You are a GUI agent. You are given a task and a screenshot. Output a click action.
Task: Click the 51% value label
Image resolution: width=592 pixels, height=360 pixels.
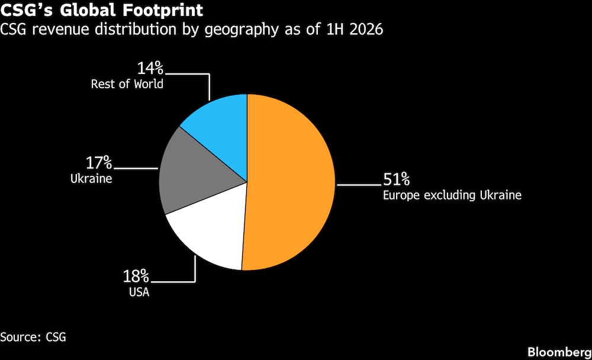tap(397, 179)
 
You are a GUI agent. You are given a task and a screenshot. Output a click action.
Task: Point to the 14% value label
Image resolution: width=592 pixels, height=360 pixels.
tap(150, 68)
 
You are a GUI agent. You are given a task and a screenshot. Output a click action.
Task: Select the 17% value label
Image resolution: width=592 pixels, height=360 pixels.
tap(99, 163)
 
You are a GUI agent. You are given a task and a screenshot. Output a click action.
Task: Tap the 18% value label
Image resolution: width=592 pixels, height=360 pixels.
tap(136, 277)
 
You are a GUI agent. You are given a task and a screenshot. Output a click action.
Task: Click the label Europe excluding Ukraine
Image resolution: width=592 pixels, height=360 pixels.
tap(452, 195)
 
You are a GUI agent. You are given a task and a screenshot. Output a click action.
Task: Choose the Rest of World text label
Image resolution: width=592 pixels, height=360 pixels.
tap(127, 84)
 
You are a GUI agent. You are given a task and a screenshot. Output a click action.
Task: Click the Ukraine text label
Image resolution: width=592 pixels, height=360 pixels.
tap(91, 179)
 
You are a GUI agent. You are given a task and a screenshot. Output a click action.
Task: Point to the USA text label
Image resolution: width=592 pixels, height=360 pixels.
tap(139, 292)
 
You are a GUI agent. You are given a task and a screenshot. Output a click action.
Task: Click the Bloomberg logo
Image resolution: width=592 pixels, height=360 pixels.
tap(559, 352)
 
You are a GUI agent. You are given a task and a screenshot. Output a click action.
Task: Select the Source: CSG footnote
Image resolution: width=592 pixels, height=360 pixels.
tap(33, 337)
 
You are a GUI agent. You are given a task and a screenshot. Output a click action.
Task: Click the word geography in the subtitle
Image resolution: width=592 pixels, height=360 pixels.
tap(242, 30)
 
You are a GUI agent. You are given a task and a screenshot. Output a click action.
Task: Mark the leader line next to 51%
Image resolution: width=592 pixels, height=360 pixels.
tap(359, 185)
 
